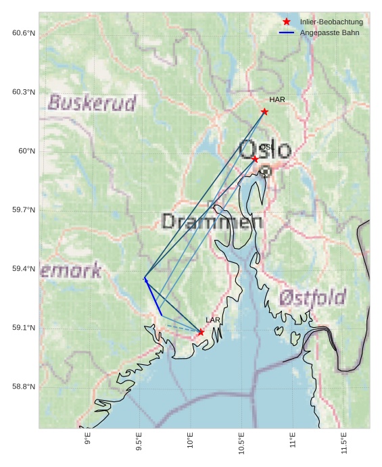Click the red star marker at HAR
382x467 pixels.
(x=264, y=112)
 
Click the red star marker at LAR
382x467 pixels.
(x=201, y=332)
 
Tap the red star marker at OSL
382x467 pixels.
(x=255, y=159)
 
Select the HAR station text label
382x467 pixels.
(x=277, y=100)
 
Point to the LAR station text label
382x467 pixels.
(x=213, y=320)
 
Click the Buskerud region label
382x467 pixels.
(x=92, y=103)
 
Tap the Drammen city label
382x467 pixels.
(x=212, y=221)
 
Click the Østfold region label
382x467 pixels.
(x=312, y=297)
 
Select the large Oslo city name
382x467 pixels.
(x=266, y=150)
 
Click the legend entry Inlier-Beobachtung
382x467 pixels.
(x=331, y=22)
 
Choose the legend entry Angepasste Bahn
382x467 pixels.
(x=329, y=32)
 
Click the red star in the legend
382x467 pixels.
(x=287, y=22)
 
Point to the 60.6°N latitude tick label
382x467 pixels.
(x=24, y=33)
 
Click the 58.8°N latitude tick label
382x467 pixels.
(x=24, y=387)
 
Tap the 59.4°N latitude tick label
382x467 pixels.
(x=24, y=269)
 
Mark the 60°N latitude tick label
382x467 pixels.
(x=26, y=151)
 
